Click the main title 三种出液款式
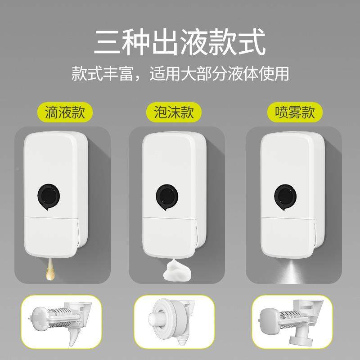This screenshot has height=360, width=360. pos(180,42)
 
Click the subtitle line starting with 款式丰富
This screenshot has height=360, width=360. pos(180,73)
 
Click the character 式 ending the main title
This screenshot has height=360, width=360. pos(252,42)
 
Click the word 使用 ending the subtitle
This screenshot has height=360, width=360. pos(275,73)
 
